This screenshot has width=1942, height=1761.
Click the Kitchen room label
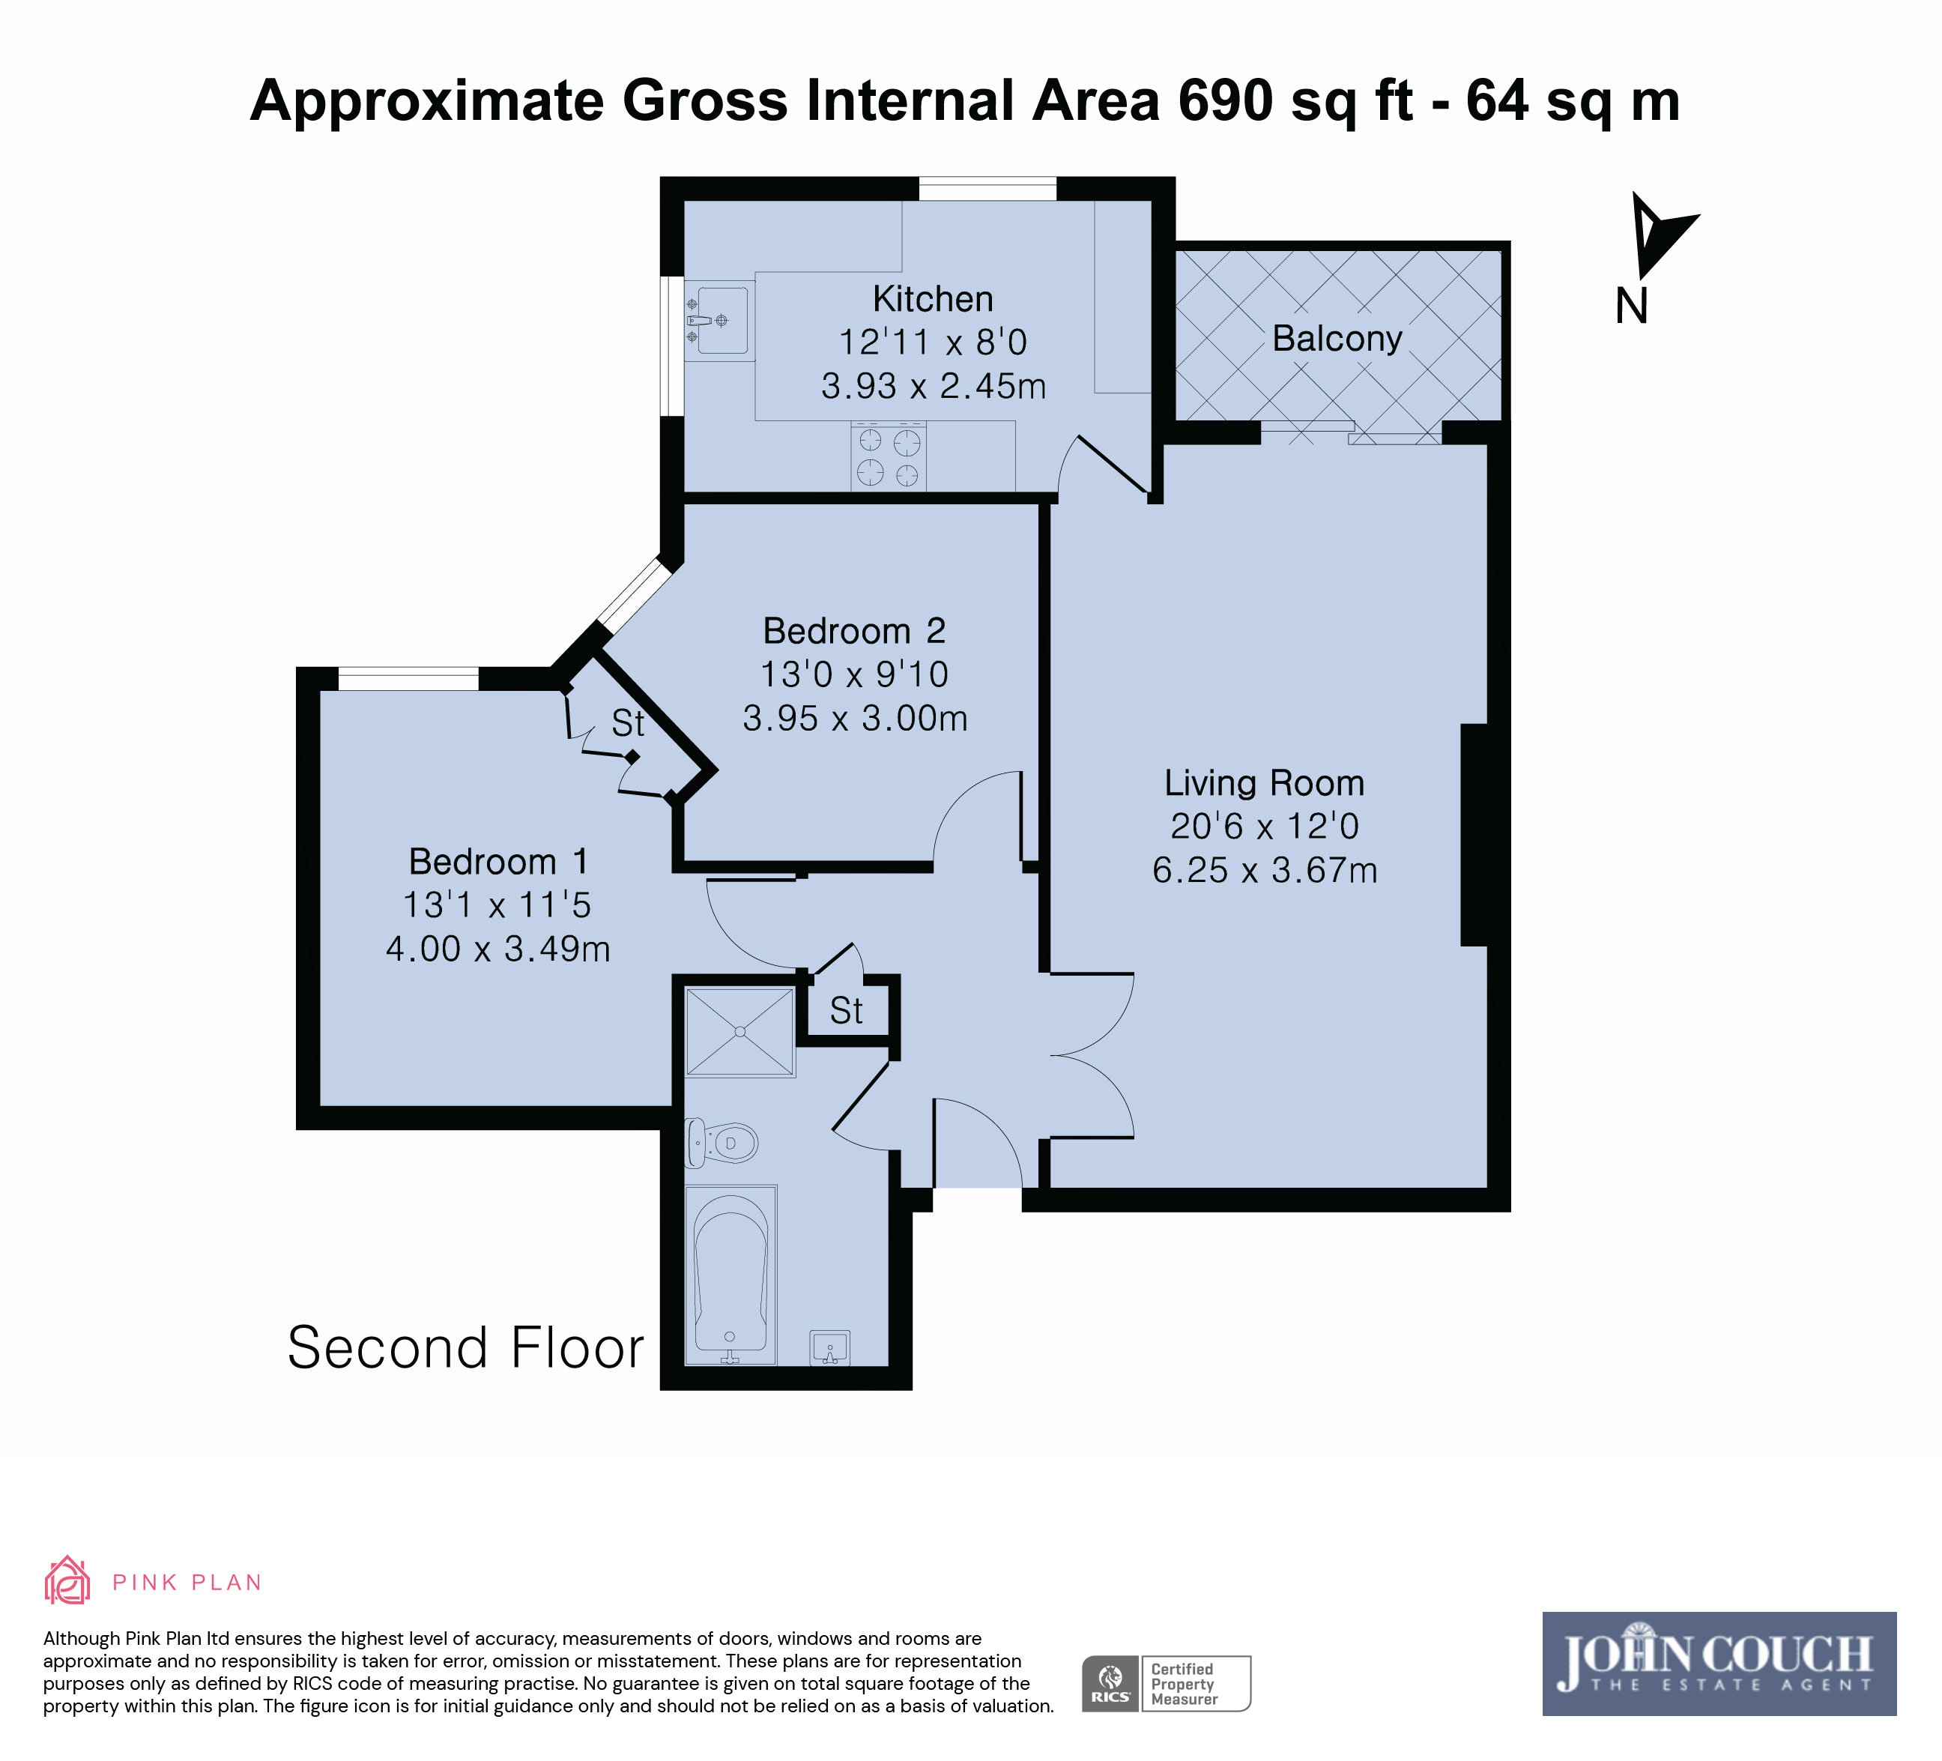coord(933,299)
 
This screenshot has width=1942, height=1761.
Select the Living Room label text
coord(1264,782)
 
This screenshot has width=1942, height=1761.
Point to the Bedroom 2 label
coord(853,631)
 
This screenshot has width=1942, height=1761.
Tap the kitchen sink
coord(719,320)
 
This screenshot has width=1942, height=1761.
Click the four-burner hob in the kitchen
coord(888,456)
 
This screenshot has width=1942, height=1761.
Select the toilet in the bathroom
coord(721,1143)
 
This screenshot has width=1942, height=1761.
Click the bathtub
coord(730,1274)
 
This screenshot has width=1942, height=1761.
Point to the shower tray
coord(739,1032)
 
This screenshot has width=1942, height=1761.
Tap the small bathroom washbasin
coord(829,1347)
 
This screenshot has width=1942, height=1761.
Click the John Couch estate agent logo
coord(1719,1664)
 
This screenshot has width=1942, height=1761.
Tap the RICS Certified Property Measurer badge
coord(1166,1684)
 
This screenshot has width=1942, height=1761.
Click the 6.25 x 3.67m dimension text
coord(1265,870)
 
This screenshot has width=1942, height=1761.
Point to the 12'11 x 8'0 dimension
coord(933,342)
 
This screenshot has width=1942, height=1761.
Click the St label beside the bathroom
coord(846,1011)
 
